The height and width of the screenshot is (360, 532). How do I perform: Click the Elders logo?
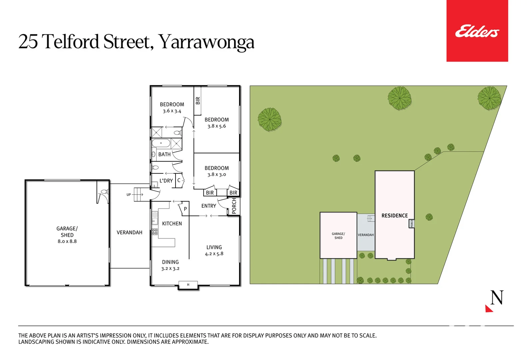(x=477, y=31)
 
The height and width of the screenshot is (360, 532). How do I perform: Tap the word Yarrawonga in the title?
(x=206, y=43)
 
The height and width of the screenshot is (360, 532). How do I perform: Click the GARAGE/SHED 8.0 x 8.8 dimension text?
(x=67, y=241)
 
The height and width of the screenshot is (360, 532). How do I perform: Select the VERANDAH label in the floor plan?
(x=129, y=233)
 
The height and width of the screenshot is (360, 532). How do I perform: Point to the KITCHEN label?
(x=172, y=224)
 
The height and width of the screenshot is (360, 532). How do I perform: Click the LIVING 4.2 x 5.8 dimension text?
(x=214, y=254)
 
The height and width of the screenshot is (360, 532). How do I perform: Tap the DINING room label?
(x=170, y=262)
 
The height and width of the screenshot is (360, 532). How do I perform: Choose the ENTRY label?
(x=209, y=206)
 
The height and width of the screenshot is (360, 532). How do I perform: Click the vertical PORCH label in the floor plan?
(x=234, y=206)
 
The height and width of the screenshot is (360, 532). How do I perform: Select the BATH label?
(x=164, y=154)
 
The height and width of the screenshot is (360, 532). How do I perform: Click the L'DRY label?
(x=166, y=181)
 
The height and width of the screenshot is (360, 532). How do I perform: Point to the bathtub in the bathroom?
(x=161, y=143)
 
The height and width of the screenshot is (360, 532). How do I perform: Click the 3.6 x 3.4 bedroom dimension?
(x=172, y=111)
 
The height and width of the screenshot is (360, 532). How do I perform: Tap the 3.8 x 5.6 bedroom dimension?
(x=217, y=126)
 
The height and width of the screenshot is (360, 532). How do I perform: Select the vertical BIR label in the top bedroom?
(x=198, y=101)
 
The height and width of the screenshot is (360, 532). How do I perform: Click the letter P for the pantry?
(x=185, y=209)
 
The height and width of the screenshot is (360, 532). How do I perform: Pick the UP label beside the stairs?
(x=129, y=195)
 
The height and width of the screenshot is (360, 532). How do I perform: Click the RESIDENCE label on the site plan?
(x=394, y=216)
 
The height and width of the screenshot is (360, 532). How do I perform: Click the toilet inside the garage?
(x=104, y=192)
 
